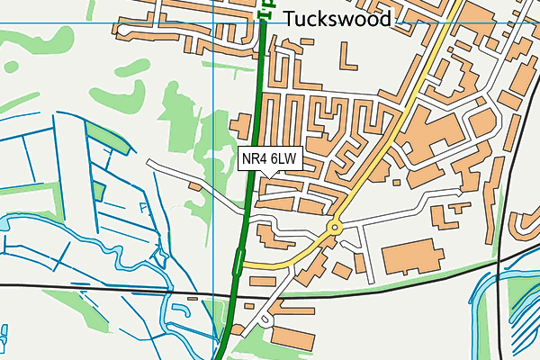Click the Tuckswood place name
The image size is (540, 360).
337,19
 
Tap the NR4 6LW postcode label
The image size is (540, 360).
270,159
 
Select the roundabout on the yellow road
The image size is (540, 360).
335,229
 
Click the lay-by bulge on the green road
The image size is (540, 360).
238,263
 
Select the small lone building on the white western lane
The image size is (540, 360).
195,186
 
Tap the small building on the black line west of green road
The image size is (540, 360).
192,296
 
